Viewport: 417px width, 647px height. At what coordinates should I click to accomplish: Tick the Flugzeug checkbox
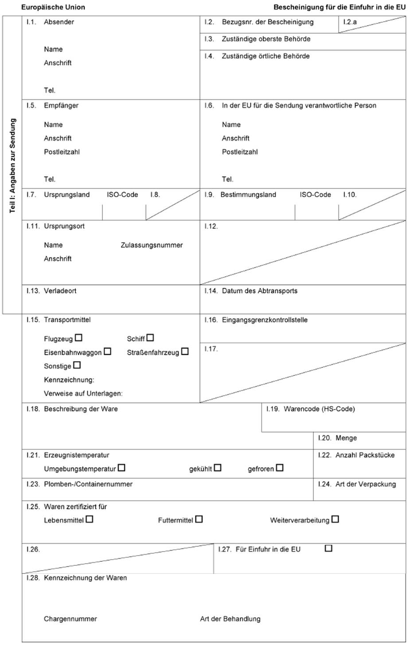click(79, 338)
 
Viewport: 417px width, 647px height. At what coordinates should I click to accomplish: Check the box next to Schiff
click(151, 338)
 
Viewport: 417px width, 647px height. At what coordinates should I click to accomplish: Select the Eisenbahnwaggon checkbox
click(107, 351)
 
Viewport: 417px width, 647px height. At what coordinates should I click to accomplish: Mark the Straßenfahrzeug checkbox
click(185, 351)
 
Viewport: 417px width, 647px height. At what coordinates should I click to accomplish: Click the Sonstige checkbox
click(77, 365)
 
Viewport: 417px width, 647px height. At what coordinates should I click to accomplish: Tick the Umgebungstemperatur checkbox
click(121, 468)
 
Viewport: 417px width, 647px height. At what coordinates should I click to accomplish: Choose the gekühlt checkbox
click(218, 468)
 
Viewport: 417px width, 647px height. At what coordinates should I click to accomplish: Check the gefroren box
click(280, 468)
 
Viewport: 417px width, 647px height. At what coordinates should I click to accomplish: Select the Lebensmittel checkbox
click(90, 519)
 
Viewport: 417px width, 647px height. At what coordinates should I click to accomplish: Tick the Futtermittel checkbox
click(199, 519)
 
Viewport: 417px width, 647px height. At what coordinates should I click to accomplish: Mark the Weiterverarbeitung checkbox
click(335, 519)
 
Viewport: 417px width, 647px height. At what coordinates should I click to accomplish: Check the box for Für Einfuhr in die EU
click(328, 548)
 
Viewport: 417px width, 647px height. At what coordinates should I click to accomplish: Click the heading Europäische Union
click(53, 7)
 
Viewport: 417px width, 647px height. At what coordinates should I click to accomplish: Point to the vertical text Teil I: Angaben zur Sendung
click(12, 166)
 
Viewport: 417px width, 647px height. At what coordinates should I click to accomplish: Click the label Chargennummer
click(70, 619)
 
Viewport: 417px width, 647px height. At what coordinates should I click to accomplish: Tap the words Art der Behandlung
click(230, 619)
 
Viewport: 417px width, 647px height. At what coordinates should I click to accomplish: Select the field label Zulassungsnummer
click(152, 245)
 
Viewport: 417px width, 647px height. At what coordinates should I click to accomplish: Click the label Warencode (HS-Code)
click(319, 409)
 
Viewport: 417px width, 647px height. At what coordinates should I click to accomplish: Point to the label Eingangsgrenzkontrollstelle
click(265, 320)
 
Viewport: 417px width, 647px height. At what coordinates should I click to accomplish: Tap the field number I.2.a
click(350, 22)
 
